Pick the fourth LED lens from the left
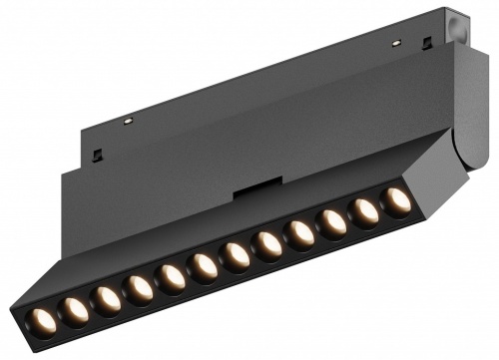pos(140,288)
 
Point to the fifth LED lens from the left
pos(173,277)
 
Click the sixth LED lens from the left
pos(205,266)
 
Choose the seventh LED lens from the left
pos(237,255)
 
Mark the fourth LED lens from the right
pos(300,233)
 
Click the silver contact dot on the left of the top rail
pos(128,121)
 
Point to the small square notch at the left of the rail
pos(99,155)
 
